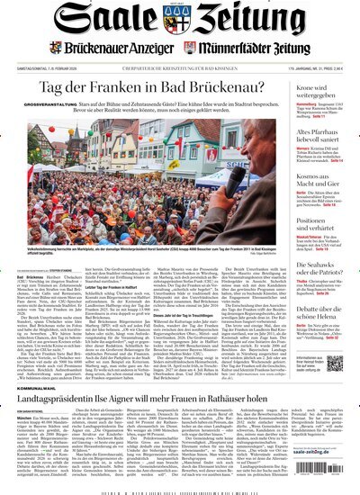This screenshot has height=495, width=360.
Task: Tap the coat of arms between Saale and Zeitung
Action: [180, 22]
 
